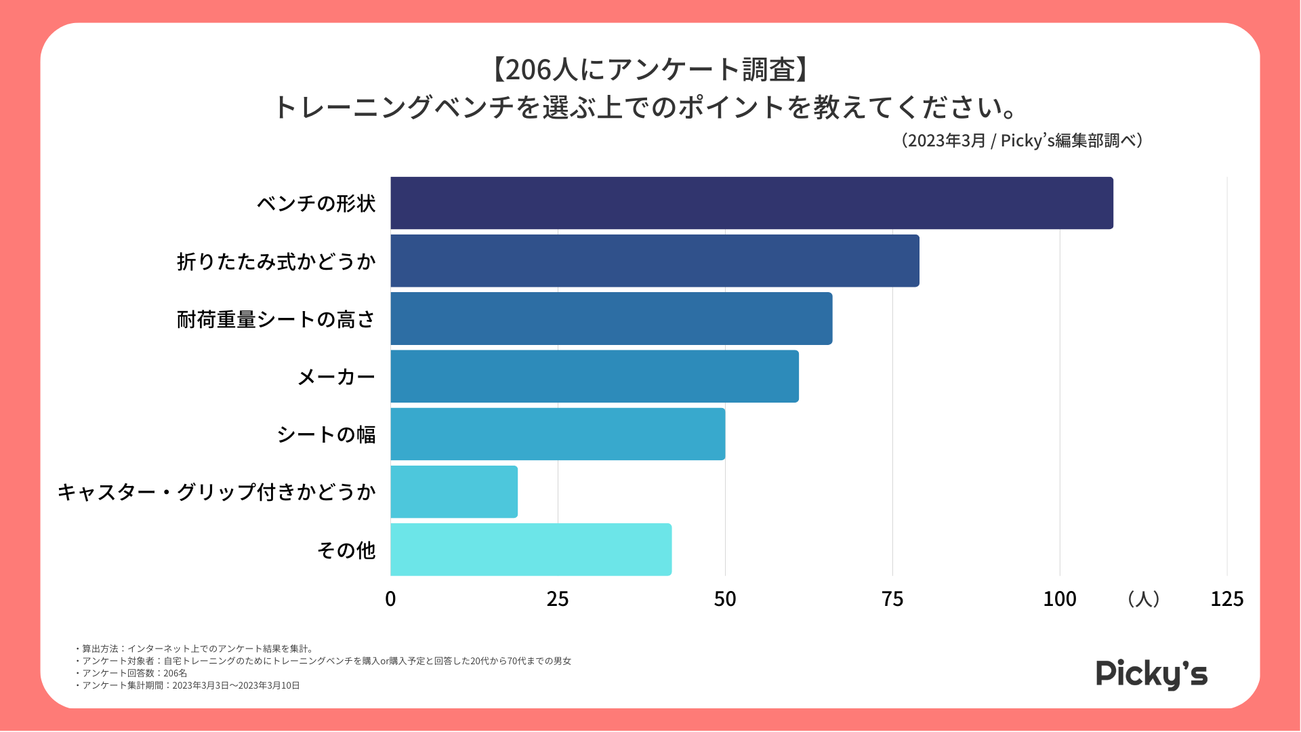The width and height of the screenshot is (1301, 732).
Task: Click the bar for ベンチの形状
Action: coord(751,203)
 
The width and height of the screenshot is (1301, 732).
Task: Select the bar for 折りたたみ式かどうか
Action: coord(655,261)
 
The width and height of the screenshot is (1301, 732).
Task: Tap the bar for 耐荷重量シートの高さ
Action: coord(611,319)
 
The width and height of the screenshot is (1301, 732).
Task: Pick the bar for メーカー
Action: coord(594,376)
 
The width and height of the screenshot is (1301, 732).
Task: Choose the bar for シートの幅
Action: coord(558,434)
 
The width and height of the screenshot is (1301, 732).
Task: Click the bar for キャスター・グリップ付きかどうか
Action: coord(454,492)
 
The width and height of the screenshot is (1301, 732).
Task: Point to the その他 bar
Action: coord(531,550)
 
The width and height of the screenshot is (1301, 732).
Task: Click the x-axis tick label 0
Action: coord(390,599)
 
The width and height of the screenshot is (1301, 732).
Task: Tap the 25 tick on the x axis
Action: coord(558,599)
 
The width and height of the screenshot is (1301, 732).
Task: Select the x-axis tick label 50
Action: coord(725,599)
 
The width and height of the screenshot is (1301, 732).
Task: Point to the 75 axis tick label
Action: coord(892,599)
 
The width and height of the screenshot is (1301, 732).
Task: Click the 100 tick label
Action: coord(1060,599)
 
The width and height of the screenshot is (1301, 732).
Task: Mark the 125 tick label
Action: coord(1226,599)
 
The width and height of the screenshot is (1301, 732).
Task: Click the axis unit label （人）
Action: coord(1144,599)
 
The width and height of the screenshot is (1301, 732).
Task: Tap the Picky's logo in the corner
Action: coord(1151,674)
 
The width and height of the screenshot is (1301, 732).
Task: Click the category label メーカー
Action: coord(336,377)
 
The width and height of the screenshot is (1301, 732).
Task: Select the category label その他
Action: coord(346,550)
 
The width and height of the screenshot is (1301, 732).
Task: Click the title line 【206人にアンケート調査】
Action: coord(650,70)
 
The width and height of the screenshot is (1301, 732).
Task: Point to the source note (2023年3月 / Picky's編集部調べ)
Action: coord(1022,140)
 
